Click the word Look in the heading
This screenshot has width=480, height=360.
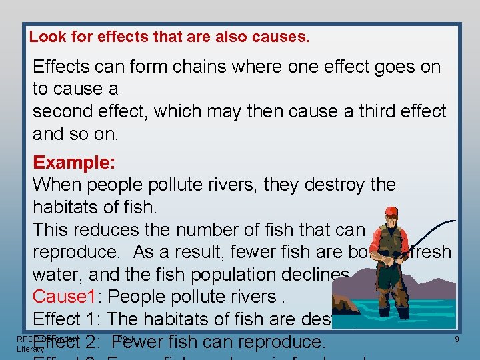point(45,37)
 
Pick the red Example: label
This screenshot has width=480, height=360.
point(74,163)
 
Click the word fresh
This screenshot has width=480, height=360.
point(427,253)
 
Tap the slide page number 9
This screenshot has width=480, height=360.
point(457,340)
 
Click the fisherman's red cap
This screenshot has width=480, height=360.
point(391,212)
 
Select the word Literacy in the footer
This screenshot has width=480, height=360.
point(30,349)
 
